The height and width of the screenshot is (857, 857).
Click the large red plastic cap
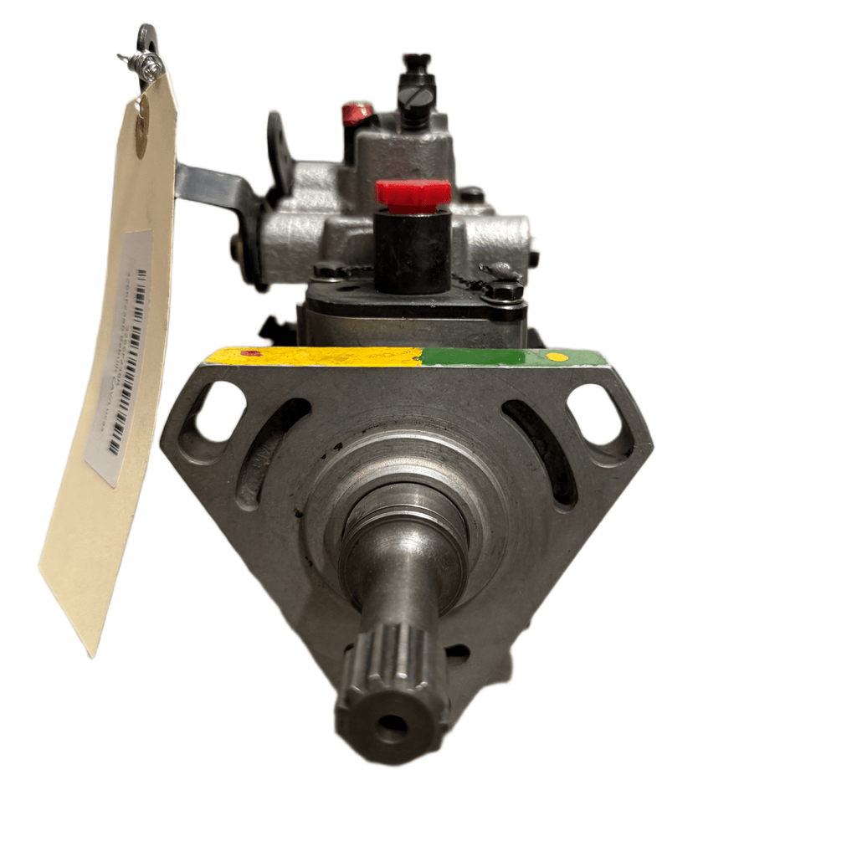click(x=413, y=193)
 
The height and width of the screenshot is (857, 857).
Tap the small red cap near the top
click(x=357, y=113)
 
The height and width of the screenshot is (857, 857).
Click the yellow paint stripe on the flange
click(x=318, y=357)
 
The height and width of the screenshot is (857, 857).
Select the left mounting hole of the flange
click(x=219, y=413)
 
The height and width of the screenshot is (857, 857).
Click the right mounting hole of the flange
click(x=595, y=413)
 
